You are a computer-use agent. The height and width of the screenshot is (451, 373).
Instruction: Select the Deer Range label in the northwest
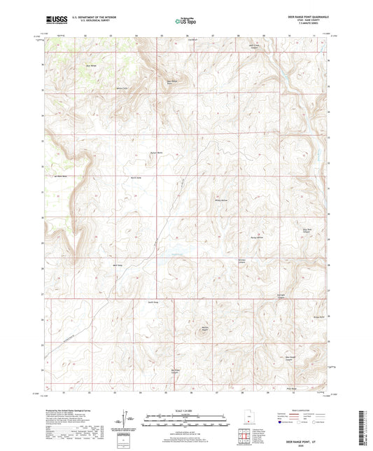coord(90,66)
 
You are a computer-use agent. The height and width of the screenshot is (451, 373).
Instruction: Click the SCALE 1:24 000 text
coord(185,410)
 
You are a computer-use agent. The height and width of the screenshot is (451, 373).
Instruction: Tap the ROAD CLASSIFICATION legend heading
coord(289,410)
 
